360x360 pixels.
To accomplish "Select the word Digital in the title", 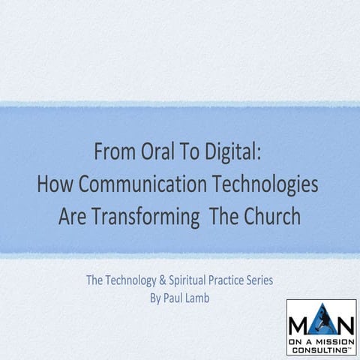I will tap(232, 152).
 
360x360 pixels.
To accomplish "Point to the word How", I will tap(54, 184).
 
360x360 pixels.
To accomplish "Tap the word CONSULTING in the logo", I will tap(321, 346).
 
